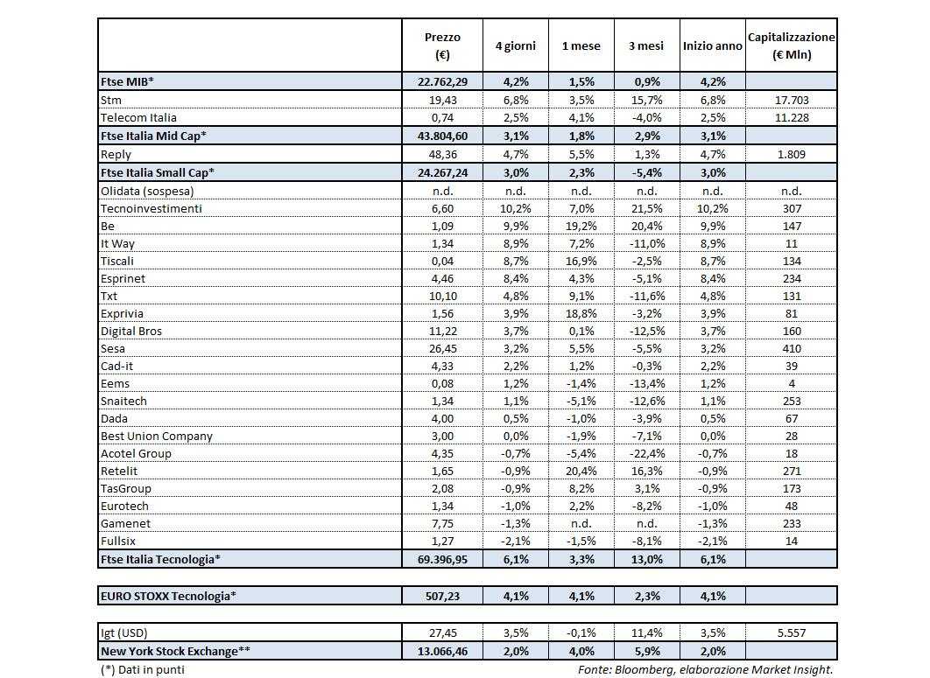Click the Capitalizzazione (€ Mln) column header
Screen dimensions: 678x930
point(791,46)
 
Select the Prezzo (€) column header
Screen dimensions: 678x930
point(442,46)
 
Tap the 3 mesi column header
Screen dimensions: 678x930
point(646,46)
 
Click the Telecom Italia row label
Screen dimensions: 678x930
point(139,117)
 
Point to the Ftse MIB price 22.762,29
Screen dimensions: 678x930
point(442,81)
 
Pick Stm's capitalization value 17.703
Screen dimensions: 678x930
point(791,100)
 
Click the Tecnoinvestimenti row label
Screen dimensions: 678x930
point(151,208)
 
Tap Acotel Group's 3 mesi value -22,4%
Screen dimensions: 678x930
point(646,453)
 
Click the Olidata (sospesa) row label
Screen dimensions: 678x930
point(147,191)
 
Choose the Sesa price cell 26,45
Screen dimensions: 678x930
point(442,348)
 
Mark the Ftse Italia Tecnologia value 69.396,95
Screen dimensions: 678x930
point(442,559)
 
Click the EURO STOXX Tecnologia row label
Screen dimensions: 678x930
point(169,596)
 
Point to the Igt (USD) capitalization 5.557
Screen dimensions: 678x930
point(791,633)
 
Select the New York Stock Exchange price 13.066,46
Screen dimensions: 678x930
point(442,651)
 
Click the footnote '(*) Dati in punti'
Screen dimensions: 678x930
point(143,669)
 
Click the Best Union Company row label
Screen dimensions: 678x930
point(157,436)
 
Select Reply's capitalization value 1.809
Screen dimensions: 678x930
point(791,154)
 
